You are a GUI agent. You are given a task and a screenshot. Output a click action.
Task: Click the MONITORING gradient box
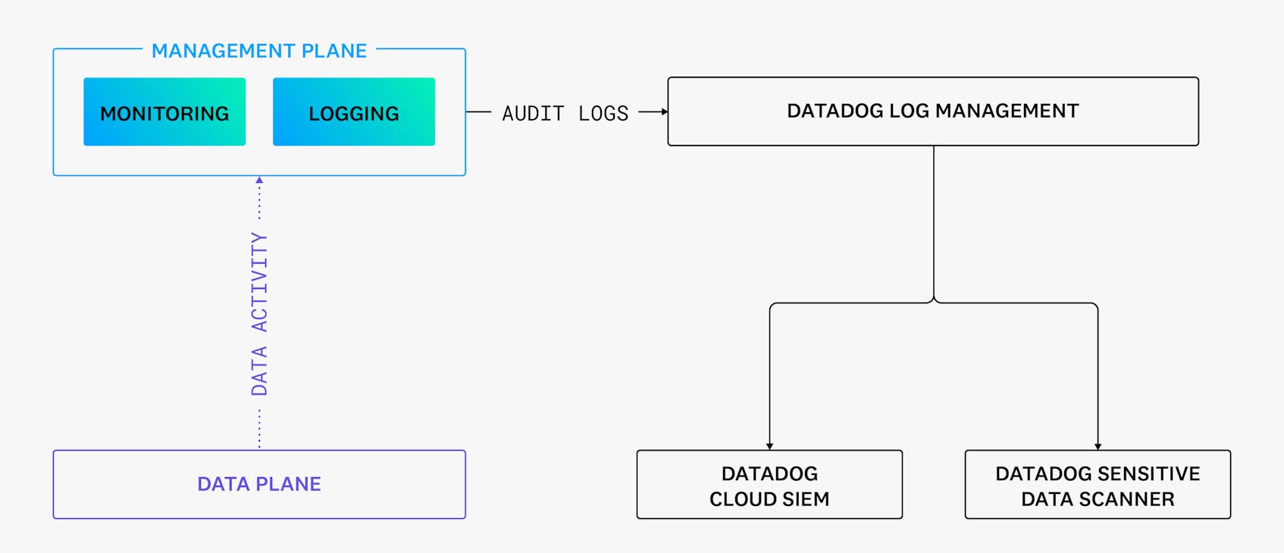(164, 112)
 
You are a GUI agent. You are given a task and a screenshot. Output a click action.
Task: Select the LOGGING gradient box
(354, 112)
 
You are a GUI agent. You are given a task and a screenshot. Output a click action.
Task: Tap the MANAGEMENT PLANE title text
(259, 51)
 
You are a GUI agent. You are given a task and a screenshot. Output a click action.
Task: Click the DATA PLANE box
(259, 484)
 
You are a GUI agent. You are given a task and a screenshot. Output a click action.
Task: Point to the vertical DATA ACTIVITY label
(259, 314)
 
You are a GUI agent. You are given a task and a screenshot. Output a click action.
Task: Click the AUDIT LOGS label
(565, 113)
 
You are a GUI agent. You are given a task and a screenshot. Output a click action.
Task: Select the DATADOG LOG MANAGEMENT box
(933, 112)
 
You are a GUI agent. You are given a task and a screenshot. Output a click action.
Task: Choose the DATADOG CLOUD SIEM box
(769, 485)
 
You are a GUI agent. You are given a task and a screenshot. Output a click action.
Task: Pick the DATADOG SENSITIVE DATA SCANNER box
(1098, 485)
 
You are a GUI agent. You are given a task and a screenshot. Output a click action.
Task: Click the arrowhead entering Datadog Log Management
(664, 112)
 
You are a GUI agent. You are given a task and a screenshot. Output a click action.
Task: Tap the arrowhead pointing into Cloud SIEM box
(769, 446)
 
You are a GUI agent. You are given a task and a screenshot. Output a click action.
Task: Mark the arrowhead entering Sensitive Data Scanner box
(1098, 446)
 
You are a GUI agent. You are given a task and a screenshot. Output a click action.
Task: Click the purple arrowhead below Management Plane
(259, 181)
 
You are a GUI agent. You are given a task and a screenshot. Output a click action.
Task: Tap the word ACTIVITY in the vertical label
(259, 282)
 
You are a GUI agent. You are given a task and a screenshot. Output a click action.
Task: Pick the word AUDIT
(533, 113)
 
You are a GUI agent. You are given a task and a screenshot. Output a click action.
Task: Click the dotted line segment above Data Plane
(259, 429)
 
